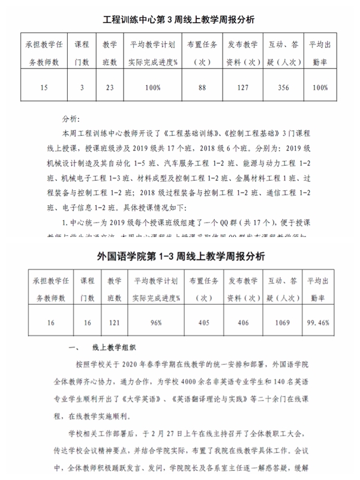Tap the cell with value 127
242,88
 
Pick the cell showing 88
202,88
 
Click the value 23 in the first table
109,88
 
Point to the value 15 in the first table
43,88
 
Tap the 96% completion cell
156,323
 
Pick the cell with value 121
110,323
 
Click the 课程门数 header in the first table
82,53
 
